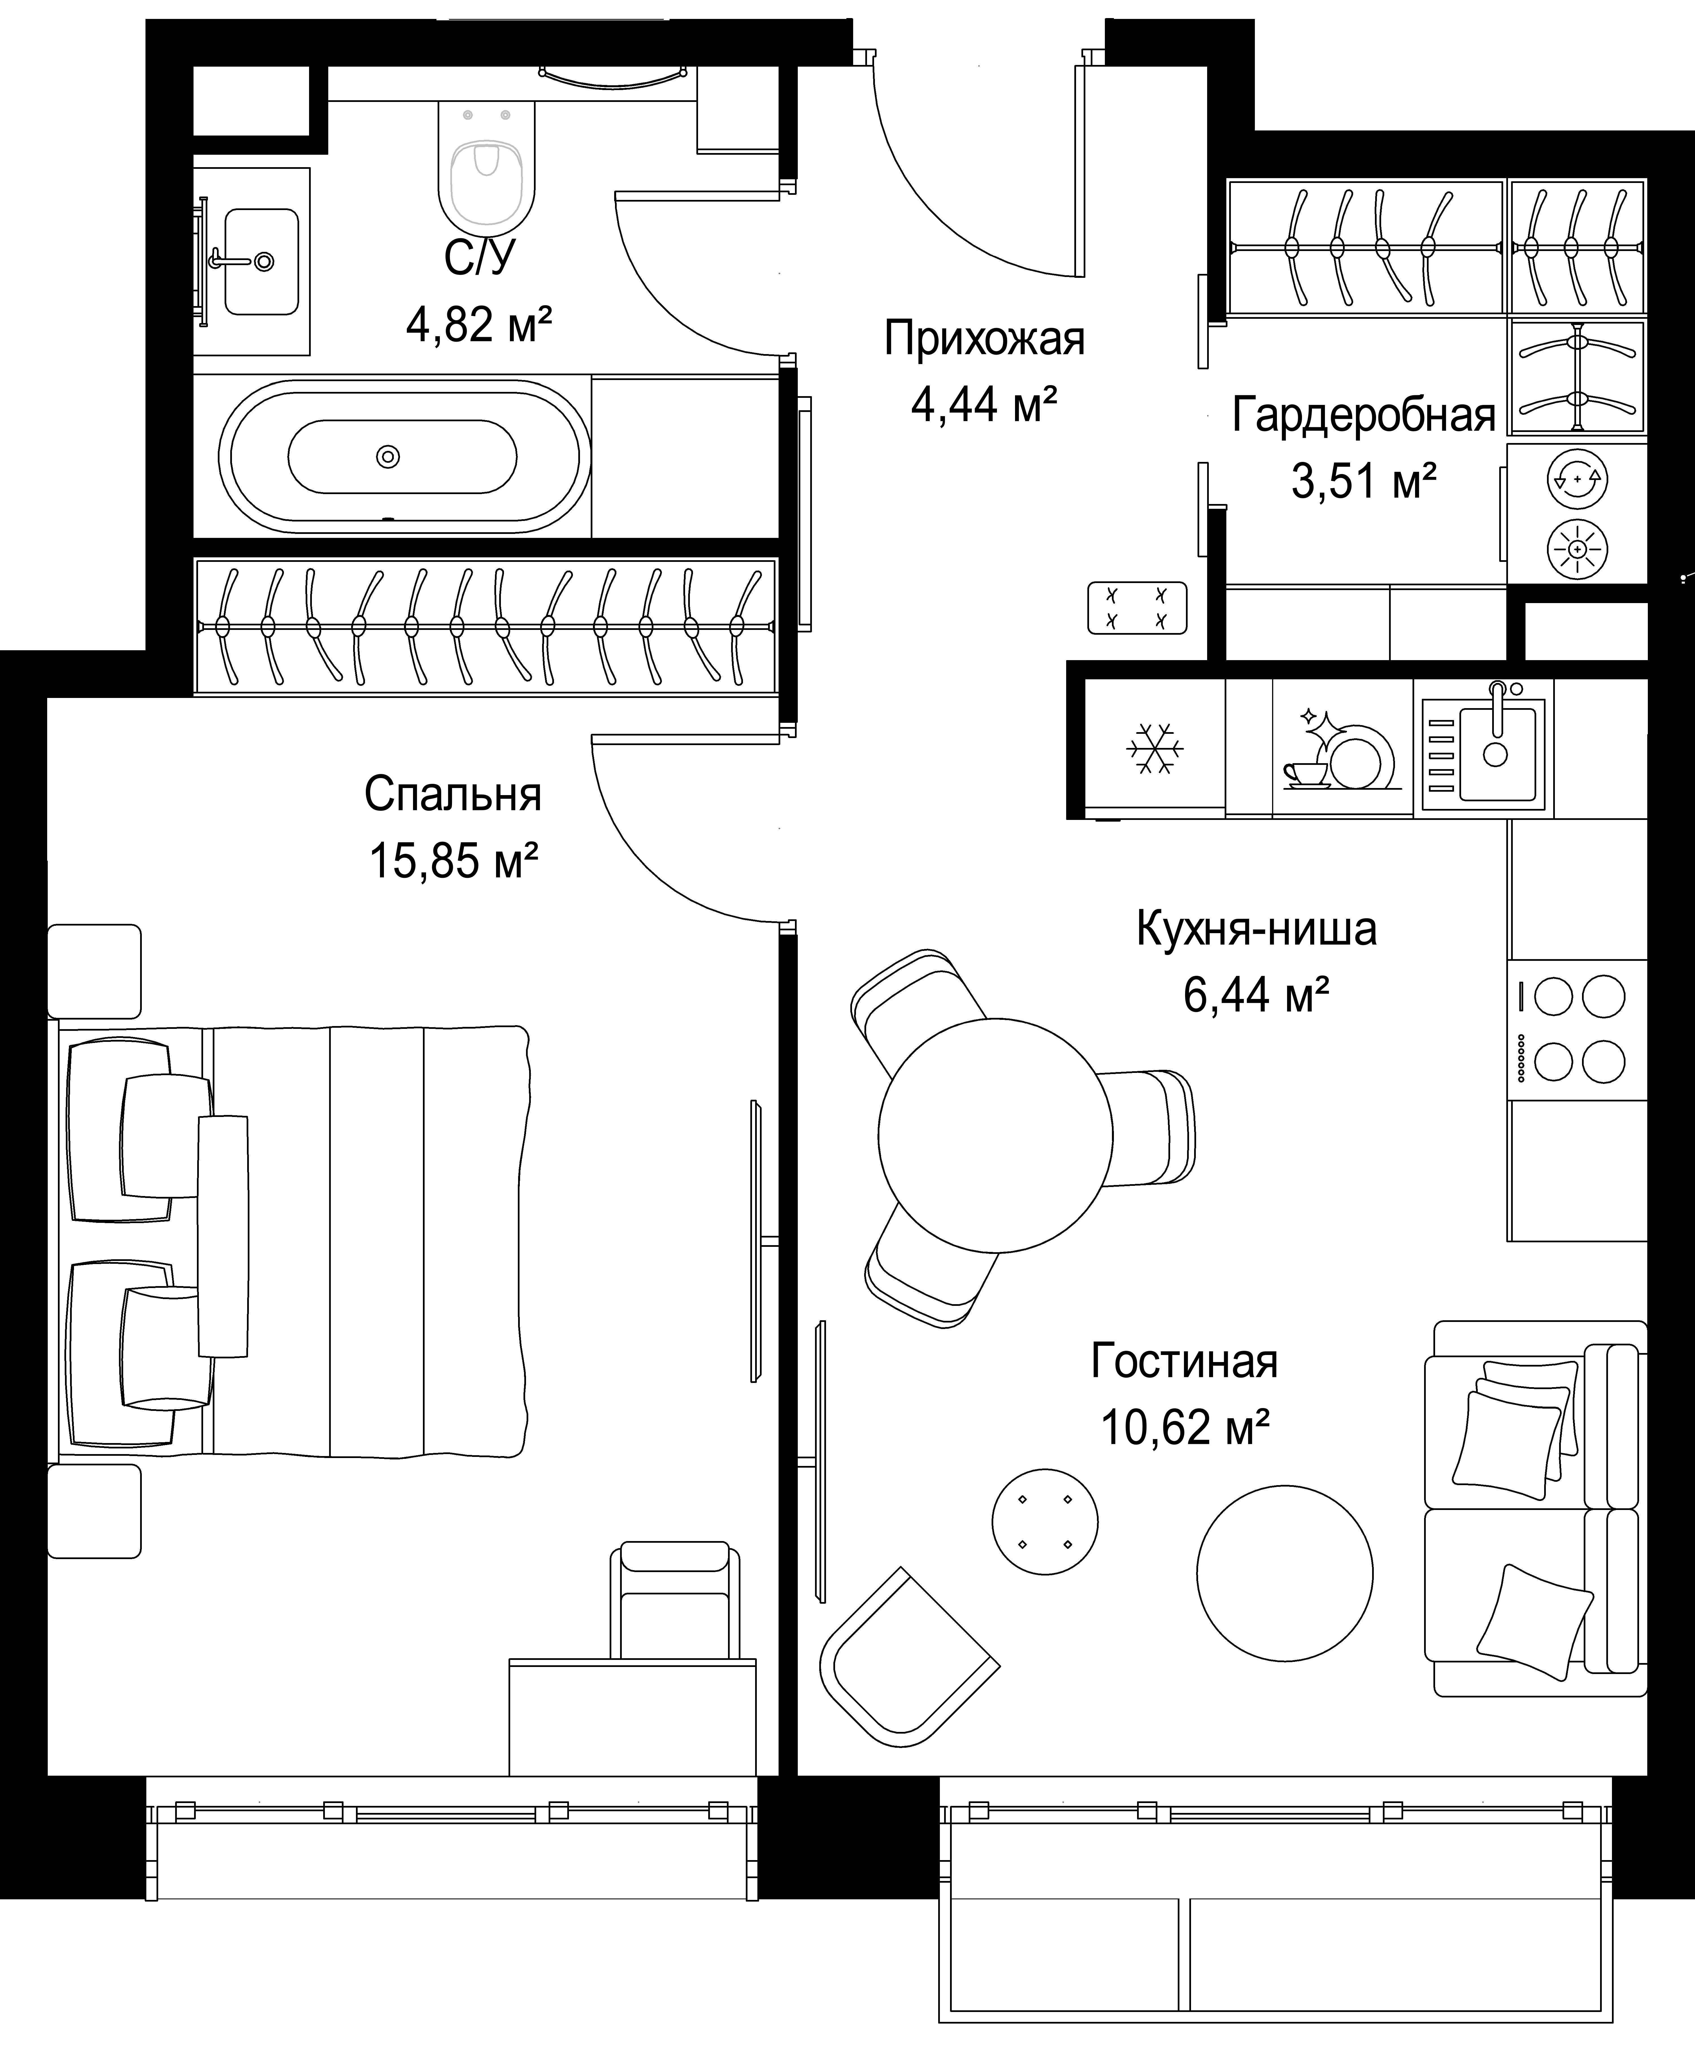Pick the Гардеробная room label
tap(1363, 415)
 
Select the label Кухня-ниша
tap(1256, 929)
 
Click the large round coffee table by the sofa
tap(1285, 1573)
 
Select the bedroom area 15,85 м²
tap(453, 861)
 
